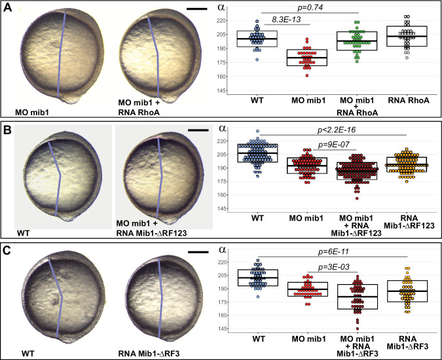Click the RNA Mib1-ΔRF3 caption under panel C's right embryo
click(x=140, y=348)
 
